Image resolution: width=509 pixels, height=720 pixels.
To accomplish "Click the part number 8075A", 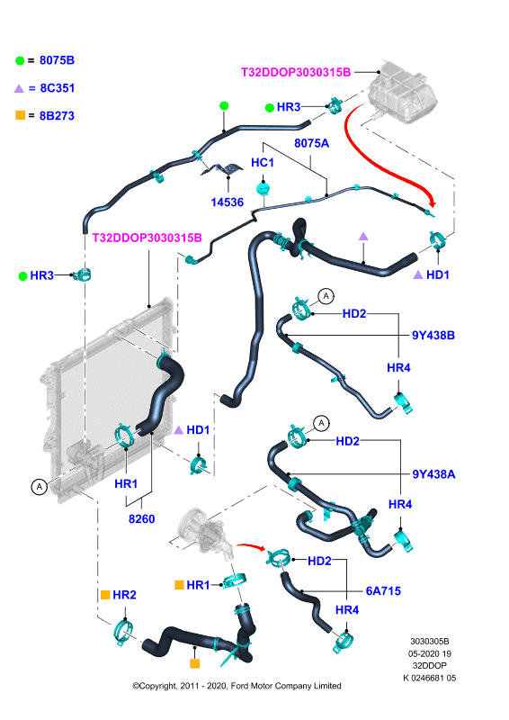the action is click(x=311, y=143).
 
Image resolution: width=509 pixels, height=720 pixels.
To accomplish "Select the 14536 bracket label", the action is click(x=227, y=202).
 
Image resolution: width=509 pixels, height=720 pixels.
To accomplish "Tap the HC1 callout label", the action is click(x=262, y=163).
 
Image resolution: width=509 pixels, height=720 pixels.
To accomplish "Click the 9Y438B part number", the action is click(x=433, y=335).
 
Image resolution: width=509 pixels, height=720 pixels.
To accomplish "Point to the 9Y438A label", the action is click(x=433, y=474).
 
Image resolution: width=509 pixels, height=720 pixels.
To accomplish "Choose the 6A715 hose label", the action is click(x=383, y=591).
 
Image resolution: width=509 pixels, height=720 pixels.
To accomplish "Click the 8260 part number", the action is click(x=141, y=519).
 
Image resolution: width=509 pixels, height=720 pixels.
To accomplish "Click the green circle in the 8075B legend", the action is click(x=20, y=60).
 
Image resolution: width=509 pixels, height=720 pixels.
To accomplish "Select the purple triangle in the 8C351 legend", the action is click(x=19, y=88).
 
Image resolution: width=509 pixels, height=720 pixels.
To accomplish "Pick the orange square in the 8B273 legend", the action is click(x=20, y=115).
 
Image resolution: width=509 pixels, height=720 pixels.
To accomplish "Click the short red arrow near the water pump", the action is click(x=251, y=546).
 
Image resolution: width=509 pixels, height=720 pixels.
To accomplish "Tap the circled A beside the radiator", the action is click(x=40, y=486).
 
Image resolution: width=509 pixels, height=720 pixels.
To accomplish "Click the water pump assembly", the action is click(x=204, y=533).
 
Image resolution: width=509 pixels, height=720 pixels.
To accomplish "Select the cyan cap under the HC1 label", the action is click(x=263, y=189).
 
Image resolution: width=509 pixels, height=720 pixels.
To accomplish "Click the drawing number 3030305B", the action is click(x=430, y=641).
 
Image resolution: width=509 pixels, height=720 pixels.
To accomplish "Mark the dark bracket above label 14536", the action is click(x=224, y=168).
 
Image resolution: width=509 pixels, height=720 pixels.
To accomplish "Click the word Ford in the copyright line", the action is click(x=239, y=686).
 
